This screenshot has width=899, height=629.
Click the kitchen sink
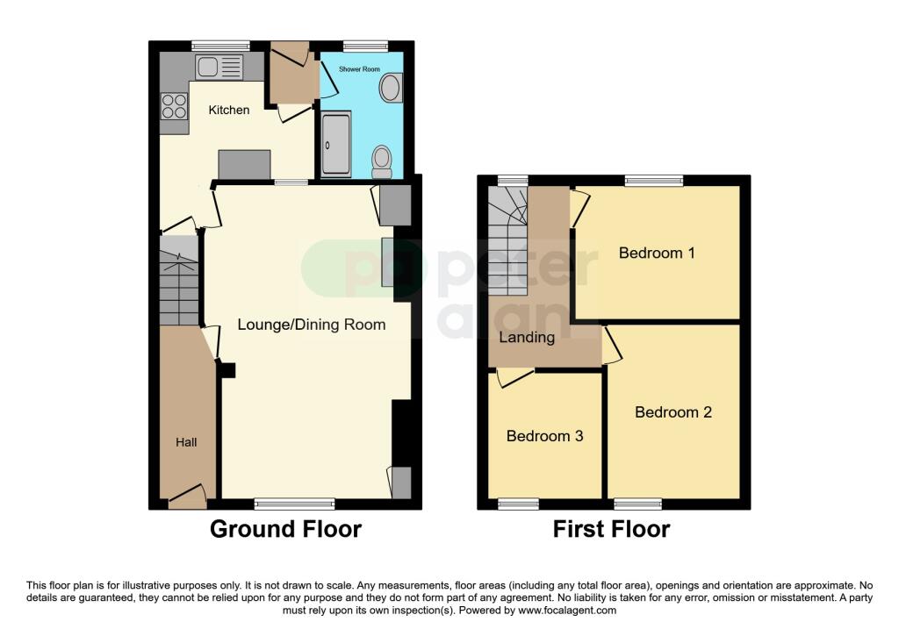[219, 66]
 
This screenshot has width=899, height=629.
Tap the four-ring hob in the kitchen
[174, 106]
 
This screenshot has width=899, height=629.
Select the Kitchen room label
[228, 111]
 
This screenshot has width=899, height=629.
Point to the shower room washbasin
[390, 87]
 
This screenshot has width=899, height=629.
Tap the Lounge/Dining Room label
[311, 325]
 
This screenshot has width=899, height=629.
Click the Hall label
[186, 442]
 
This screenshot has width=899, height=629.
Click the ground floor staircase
[180, 281]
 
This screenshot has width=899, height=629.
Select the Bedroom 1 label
[657, 254]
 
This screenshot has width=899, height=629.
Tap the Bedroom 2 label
[673, 412]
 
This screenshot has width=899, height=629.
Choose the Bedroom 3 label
[544, 436]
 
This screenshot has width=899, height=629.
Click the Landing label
[527, 338]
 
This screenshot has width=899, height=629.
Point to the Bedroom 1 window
[654, 180]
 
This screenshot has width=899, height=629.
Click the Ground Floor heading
[285, 529]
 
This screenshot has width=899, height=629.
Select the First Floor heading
[611, 529]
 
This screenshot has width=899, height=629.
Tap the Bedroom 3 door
[515, 377]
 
